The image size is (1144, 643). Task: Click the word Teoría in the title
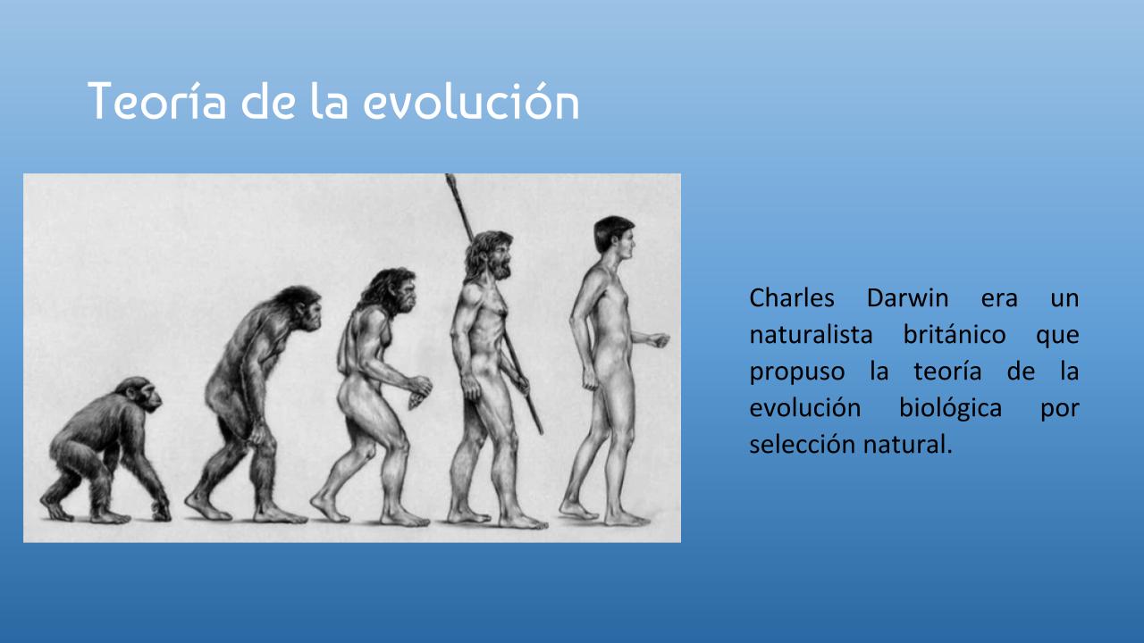[156, 101]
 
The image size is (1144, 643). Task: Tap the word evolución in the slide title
[471, 101]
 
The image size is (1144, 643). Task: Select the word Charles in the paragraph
[792, 297]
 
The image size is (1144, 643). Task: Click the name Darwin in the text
[907, 297]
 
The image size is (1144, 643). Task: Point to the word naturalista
[811, 335]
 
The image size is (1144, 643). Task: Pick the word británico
[955, 335]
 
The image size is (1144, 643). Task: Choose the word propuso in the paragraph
[796, 372]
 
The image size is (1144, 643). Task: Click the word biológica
[950, 408]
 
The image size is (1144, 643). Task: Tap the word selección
[803, 445]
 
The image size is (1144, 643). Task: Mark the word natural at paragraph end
[907, 445]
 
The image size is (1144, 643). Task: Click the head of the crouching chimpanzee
[141, 394]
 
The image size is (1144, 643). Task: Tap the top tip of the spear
[450, 176]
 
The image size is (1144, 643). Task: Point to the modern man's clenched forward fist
[659, 340]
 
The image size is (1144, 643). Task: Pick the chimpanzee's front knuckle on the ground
[162, 512]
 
